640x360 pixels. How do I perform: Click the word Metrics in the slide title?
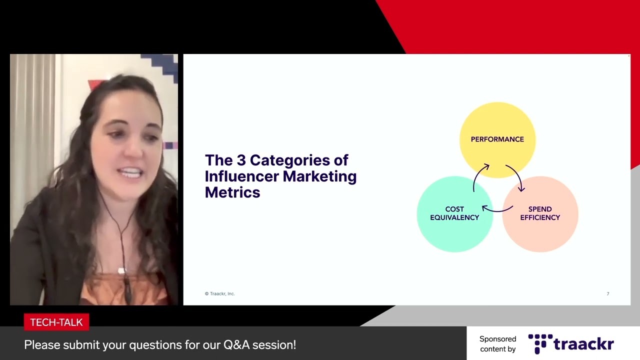click(232, 192)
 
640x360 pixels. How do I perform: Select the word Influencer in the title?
click(241, 176)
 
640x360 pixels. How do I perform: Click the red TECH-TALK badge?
click(56, 322)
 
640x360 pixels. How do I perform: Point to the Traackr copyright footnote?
click(219, 293)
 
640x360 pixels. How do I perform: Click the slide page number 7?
click(608, 293)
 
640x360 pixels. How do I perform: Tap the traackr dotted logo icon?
click(540, 343)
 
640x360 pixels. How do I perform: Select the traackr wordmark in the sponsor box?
click(583, 344)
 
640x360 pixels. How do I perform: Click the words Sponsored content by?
click(497, 344)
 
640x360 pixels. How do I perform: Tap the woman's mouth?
click(131, 173)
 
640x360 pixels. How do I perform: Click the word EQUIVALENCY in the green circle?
click(454, 217)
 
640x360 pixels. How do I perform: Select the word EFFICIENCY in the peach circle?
click(540, 217)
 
